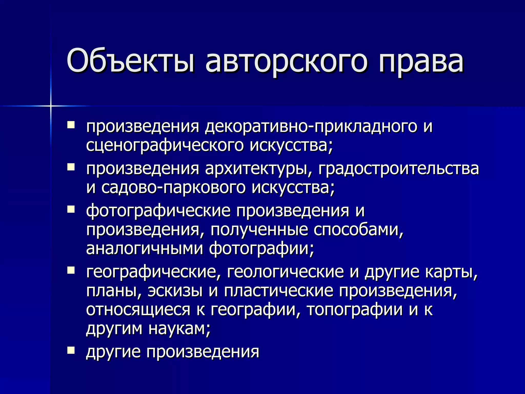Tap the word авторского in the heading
coord(286,62)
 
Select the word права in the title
coord(421,62)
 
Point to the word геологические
coord(285,272)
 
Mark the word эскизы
coord(175,291)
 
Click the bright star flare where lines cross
coord(51,106)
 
